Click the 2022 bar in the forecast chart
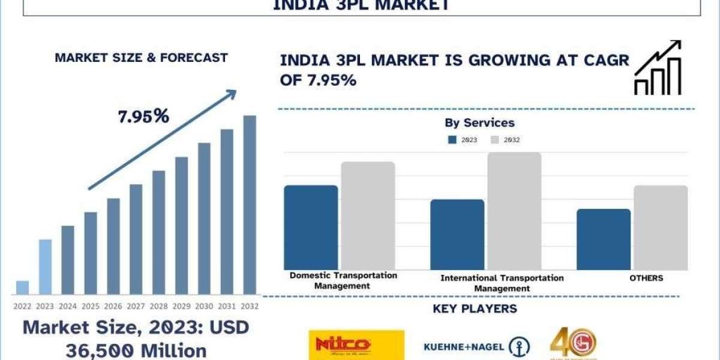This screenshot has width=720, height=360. [22, 287]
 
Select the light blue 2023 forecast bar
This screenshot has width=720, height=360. [45, 267]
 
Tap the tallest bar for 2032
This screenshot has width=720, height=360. [249, 204]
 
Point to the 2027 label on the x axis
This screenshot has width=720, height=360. [136, 306]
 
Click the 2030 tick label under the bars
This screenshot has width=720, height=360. [204, 306]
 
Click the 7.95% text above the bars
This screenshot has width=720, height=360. [143, 116]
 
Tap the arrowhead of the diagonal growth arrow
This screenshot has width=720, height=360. [231, 95]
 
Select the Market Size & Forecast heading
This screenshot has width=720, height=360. [141, 58]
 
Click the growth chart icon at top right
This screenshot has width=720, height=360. [658, 68]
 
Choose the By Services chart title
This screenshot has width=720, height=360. [479, 123]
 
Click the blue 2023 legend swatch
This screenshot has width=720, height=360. [453, 140]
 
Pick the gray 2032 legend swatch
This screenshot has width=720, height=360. [495, 140]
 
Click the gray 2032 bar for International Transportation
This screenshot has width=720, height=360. [514, 211]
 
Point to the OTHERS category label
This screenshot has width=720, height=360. [646, 278]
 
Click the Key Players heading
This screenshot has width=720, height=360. [475, 310]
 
